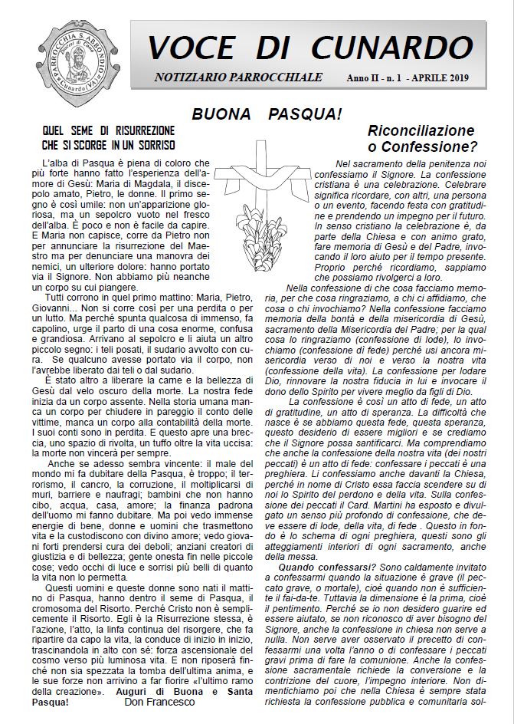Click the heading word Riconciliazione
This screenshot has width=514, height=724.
(421, 130)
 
